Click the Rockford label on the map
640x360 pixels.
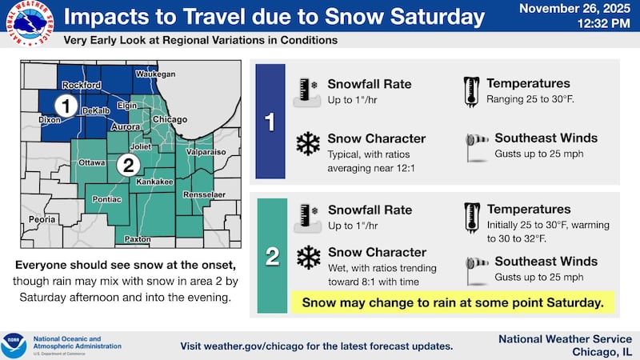tap(82, 85)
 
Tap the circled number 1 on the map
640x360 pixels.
tap(68, 104)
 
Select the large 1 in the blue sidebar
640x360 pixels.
tap(270, 122)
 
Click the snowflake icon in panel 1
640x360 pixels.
tap(307, 144)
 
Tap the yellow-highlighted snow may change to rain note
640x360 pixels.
tap(452, 302)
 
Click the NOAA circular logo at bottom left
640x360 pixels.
tap(14, 345)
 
